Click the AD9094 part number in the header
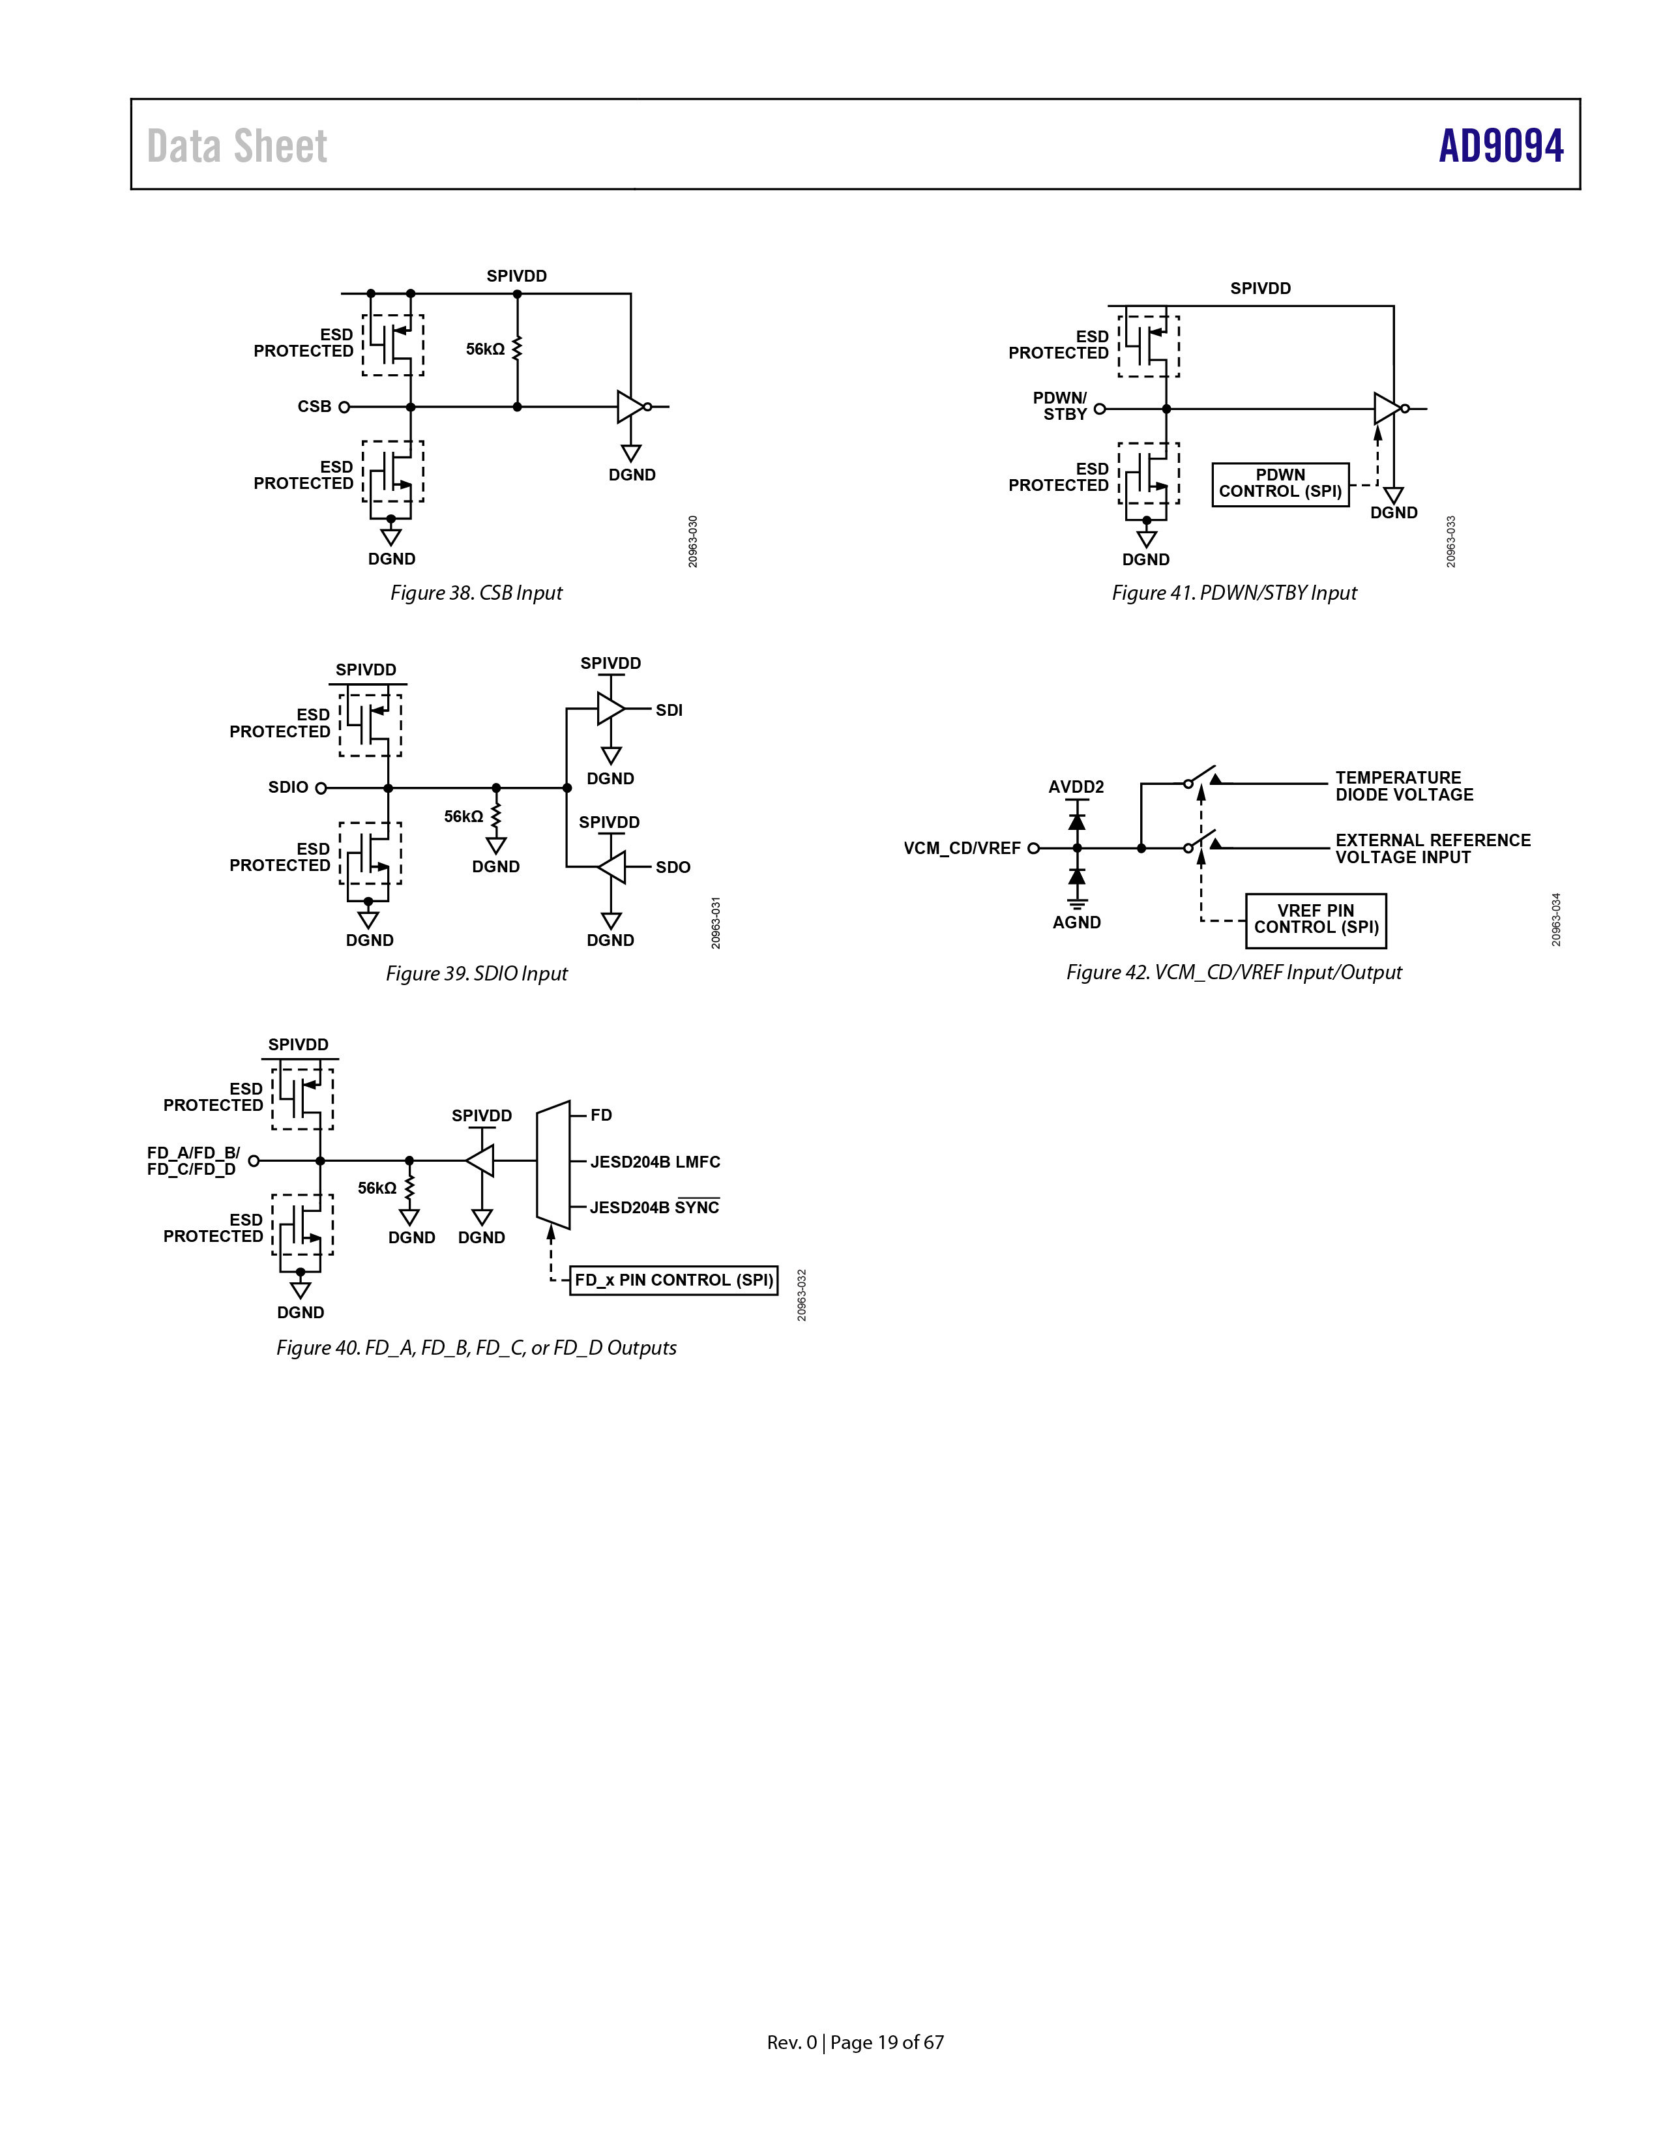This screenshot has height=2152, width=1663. click(1501, 146)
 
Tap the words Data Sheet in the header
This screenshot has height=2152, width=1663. click(237, 146)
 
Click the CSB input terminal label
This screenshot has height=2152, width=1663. click(314, 406)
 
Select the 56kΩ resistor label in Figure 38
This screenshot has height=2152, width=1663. click(485, 349)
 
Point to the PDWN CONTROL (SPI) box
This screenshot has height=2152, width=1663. click(1280, 484)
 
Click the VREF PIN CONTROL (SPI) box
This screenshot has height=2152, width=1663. click(1316, 919)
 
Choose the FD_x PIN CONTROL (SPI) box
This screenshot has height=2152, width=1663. click(674, 1280)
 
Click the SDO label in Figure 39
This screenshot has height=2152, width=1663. click(673, 867)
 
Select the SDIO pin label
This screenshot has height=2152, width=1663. click(289, 788)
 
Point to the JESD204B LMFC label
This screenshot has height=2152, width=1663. click(655, 1162)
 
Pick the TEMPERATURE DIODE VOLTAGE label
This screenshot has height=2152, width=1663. click(1404, 786)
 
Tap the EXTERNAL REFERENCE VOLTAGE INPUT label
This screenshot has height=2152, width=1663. click(1432, 848)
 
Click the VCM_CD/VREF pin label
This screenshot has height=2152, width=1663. click(962, 848)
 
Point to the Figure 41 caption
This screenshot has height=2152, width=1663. click(1235, 592)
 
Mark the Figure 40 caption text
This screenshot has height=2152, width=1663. click(476, 1348)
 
